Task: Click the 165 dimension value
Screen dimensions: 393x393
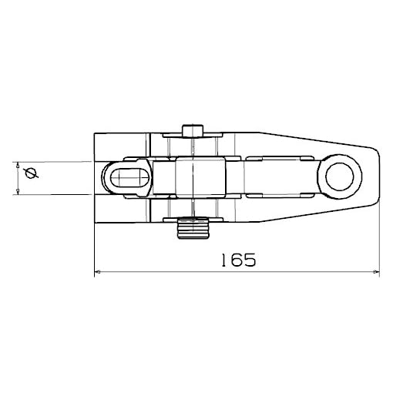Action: click(x=239, y=260)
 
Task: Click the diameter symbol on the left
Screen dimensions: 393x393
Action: click(x=32, y=173)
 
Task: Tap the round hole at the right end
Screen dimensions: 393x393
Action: click(x=340, y=176)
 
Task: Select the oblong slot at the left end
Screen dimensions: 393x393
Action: click(x=130, y=178)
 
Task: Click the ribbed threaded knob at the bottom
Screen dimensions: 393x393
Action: click(x=193, y=228)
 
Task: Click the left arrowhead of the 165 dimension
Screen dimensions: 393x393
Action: click(x=97, y=271)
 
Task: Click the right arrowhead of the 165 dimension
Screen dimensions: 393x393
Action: click(x=376, y=271)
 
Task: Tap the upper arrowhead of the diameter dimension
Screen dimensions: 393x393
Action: click(x=18, y=165)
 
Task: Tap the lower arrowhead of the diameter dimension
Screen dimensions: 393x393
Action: click(x=18, y=191)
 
